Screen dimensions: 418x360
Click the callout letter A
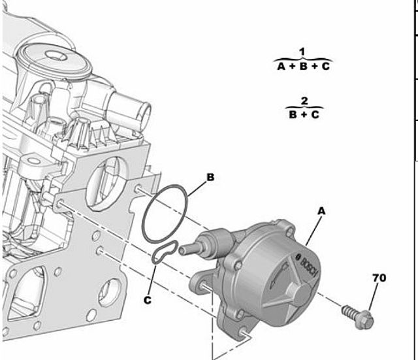322,211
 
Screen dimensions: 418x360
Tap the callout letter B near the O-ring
210,177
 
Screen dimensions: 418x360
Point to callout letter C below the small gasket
148,301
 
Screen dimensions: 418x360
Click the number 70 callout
379,278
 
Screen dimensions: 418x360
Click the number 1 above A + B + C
302,52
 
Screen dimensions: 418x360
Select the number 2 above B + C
304,101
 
